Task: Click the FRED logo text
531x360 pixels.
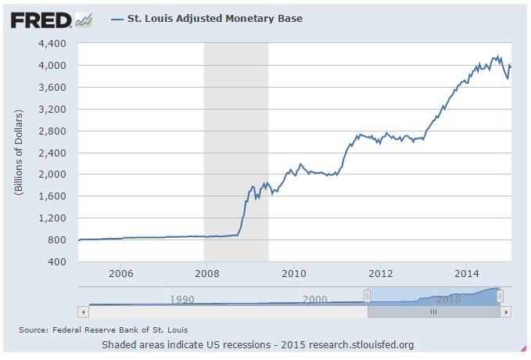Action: [x=40, y=18]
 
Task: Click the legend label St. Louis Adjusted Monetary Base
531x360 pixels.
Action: [x=214, y=17]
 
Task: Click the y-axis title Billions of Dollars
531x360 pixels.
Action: [x=18, y=152]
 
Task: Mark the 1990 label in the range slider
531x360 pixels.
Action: [x=181, y=299]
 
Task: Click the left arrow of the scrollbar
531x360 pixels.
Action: [x=83, y=311]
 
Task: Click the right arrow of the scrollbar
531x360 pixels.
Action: [x=507, y=311]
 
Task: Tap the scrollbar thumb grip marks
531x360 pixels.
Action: [x=433, y=311]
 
